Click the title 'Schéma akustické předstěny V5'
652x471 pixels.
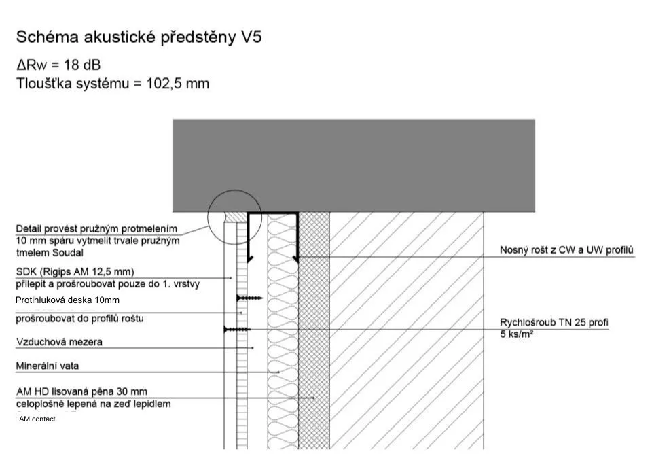[139, 37]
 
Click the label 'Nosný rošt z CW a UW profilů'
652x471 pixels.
[566, 251]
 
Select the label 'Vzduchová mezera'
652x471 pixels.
[59, 342]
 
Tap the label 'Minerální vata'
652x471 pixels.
[48, 366]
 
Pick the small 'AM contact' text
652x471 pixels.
[37, 419]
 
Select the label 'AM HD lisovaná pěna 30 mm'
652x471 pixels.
[81, 391]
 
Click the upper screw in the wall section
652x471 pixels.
[249, 298]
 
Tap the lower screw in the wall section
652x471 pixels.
[236, 329]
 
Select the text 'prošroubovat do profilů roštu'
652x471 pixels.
[79, 318]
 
